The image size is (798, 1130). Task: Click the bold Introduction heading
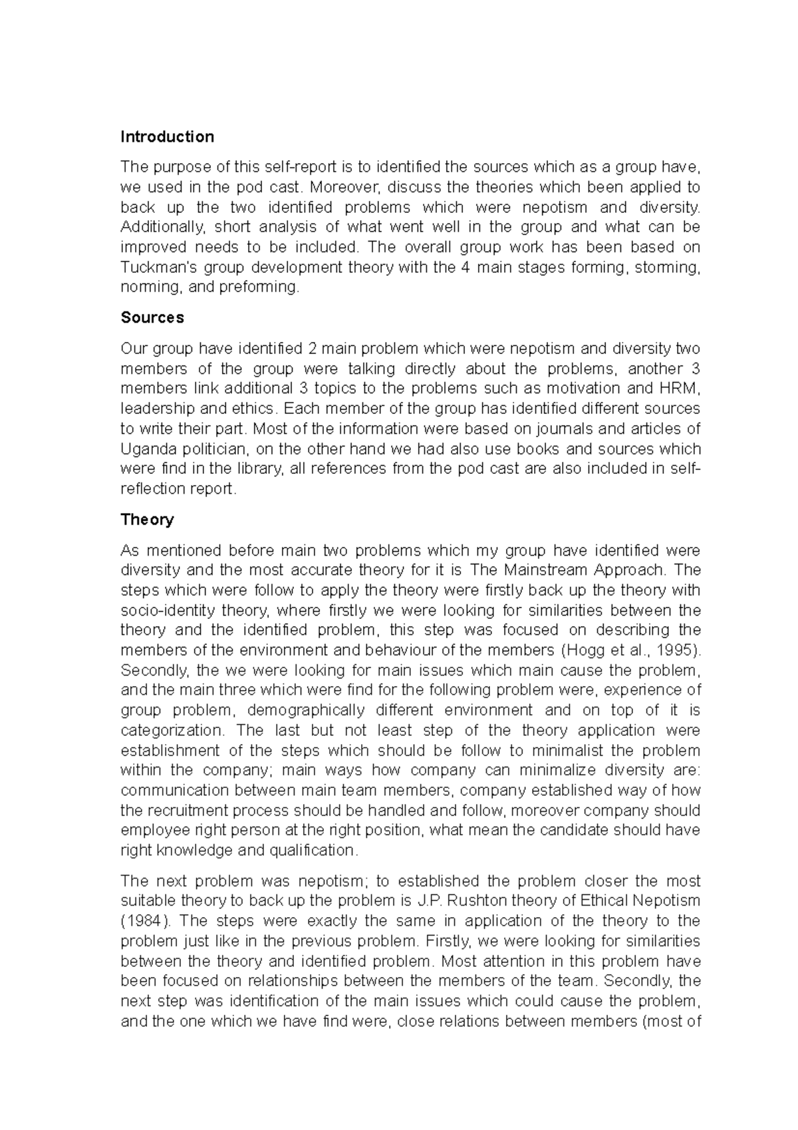[167, 137]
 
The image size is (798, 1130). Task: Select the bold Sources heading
[152, 317]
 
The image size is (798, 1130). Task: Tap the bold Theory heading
[147, 520]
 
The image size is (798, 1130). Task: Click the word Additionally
[162, 228]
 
